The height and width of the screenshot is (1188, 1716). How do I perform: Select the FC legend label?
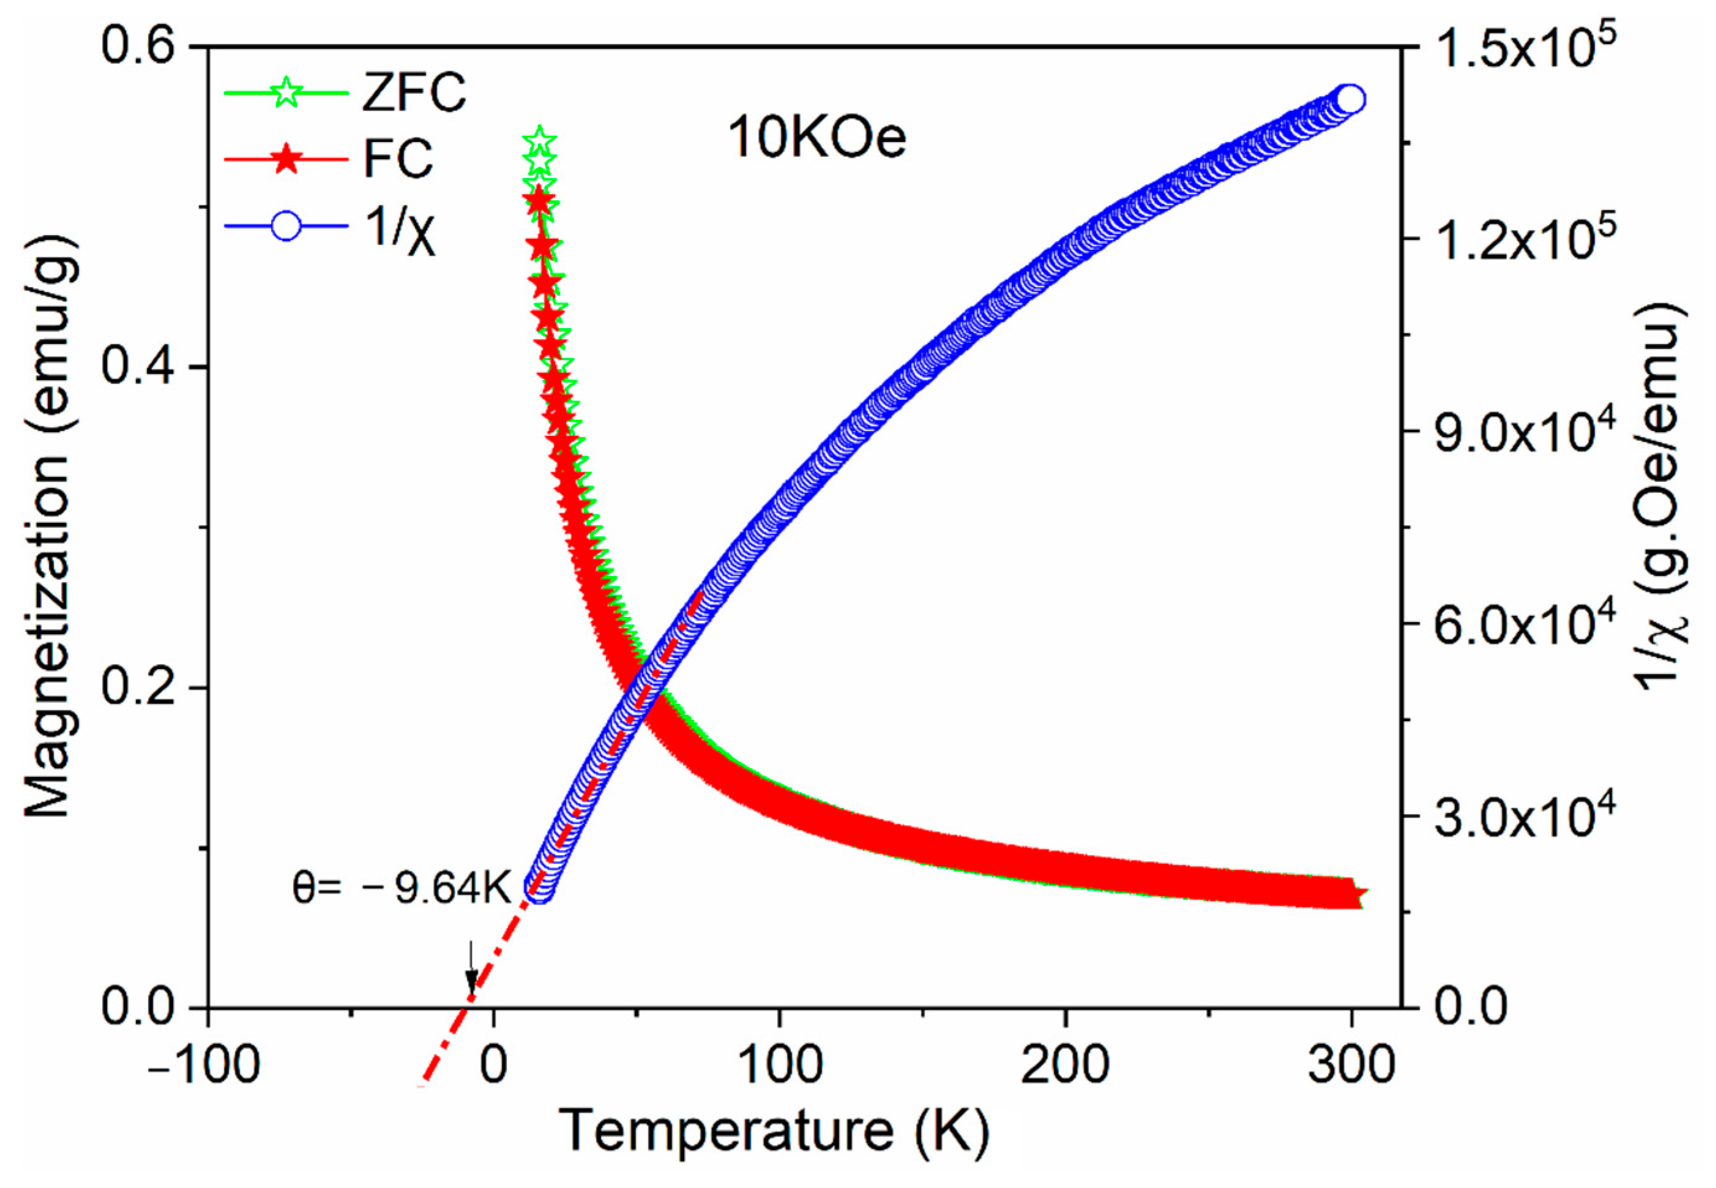(x=398, y=158)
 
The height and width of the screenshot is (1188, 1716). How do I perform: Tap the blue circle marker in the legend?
(x=287, y=226)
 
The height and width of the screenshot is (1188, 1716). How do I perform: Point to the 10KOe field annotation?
(x=817, y=138)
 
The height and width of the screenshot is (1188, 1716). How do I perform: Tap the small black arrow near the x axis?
(x=469, y=970)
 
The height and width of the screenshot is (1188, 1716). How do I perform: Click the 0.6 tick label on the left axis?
(x=138, y=46)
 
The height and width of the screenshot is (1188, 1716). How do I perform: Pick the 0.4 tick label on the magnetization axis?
(x=138, y=367)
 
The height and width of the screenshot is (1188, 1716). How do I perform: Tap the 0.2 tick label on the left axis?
(x=138, y=688)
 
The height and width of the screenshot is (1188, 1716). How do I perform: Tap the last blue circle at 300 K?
(x=1351, y=99)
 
